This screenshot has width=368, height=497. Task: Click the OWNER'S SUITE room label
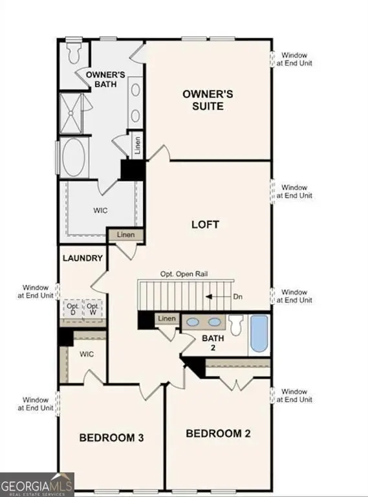[x=207, y=100]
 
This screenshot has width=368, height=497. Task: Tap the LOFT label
[x=205, y=225]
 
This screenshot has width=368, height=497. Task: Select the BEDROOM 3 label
[x=111, y=438]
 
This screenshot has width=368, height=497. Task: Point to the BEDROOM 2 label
[x=218, y=433]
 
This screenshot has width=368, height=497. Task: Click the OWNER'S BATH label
[x=105, y=81]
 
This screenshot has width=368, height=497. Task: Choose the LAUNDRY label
[x=82, y=258]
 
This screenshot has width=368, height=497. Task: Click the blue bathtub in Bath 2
[x=259, y=333]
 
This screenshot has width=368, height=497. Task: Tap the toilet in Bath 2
[x=236, y=324]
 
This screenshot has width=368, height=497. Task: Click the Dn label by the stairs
[x=238, y=296]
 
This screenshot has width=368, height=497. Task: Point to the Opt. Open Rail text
[x=184, y=274]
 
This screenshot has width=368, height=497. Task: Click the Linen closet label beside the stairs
[x=167, y=318]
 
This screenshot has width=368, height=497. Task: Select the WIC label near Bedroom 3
[x=87, y=355]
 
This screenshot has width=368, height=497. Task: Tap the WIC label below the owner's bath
[x=101, y=210]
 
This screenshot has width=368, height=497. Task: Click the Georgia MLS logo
[x=37, y=485]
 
